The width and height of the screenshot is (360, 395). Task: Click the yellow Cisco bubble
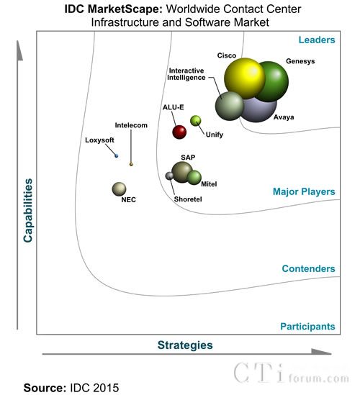245,78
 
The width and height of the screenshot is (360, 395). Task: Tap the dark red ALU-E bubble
179,132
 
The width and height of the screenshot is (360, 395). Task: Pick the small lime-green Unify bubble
195,121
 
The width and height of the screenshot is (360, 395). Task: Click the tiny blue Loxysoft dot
116,156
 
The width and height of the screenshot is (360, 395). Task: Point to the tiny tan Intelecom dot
131,164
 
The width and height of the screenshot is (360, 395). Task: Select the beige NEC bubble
119,189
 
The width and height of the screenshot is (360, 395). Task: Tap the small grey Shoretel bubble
169,176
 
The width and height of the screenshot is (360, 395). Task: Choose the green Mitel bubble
194,177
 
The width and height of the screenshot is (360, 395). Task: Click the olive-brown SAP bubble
181,172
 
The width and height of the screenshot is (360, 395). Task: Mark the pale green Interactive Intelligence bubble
230,106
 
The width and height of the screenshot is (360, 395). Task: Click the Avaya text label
284,117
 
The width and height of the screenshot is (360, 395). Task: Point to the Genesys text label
300,61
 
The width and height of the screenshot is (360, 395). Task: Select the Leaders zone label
317,40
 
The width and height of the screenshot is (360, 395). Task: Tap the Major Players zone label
304,191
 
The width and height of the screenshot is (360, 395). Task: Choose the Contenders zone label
309,268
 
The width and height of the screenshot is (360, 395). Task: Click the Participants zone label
308,327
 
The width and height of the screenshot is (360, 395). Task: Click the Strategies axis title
185,345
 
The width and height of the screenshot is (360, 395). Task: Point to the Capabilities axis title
28,211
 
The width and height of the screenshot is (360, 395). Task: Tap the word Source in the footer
45,387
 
